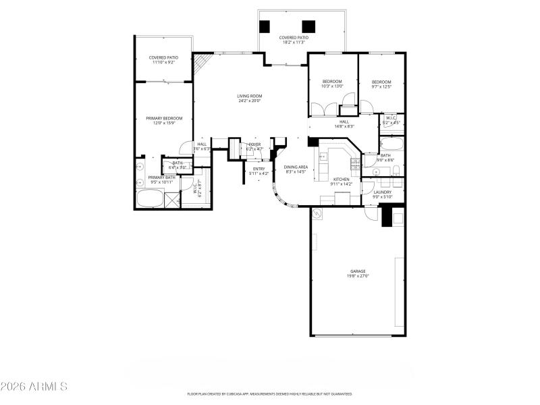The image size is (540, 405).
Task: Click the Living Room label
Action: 249,96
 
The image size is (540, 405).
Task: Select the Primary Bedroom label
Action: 164,118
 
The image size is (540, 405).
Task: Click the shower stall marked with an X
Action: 173,200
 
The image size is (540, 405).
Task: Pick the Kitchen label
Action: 341,179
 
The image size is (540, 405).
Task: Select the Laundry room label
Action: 383,192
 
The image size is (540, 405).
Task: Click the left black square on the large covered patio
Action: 265,26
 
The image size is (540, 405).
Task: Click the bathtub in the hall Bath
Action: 391,145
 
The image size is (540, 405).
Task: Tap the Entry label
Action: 259,169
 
